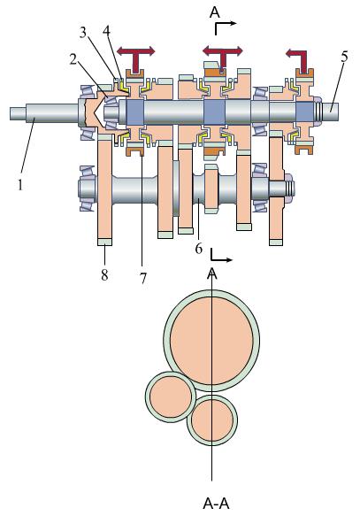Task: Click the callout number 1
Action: click(20, 185)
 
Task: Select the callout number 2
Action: click(74, 59)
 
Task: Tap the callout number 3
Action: click(84, 33)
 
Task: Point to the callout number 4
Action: click(106, 31)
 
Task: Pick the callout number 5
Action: click(344, 57)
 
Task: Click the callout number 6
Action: click(198, 249)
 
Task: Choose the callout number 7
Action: click(143, 279)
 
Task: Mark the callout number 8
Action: click(104, 274)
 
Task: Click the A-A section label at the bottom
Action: click(216, 503)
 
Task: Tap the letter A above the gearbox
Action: click(214, 12)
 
